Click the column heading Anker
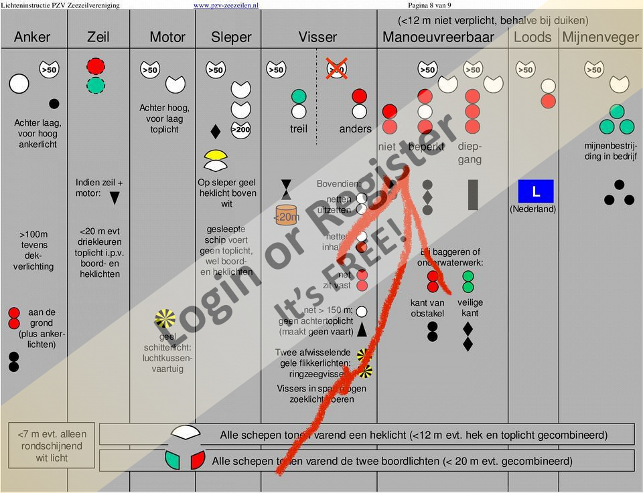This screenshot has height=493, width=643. click(32, 37)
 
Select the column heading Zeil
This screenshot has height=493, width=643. click(98, 37)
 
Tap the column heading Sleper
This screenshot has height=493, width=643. click(231, 37)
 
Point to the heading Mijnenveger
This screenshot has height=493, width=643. click(600, 37)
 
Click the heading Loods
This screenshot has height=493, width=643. click(532, 37)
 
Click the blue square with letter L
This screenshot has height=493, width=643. click(536, 192)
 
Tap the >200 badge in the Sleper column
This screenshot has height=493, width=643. click(240, 129)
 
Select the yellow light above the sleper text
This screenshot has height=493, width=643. click(216, 155)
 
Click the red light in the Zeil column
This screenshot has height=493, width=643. click(96, 66)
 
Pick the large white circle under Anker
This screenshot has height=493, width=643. click(19, 84)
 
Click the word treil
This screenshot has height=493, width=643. click(299, 129)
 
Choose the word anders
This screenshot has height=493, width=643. click(355, 129)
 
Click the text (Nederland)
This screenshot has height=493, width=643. click(532, 209)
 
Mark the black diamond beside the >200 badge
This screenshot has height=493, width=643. click(216, 131)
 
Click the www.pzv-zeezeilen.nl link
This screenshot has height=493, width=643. click(226, 5)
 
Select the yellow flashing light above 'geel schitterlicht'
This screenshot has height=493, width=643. click(165, 320)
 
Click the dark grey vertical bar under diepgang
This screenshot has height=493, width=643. click(473, 195)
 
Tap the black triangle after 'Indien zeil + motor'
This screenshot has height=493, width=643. click(115, 198)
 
